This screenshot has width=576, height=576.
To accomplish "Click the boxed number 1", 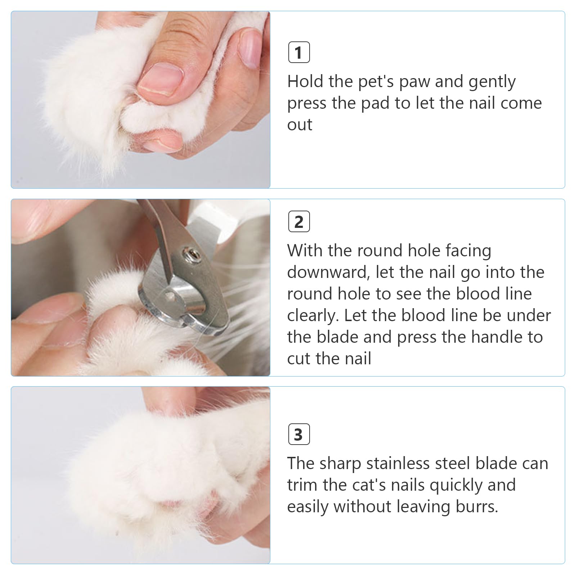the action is click(299, 53).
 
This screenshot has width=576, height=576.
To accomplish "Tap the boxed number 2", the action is click(299, 222).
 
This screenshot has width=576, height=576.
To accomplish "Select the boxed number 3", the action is click(299, 435).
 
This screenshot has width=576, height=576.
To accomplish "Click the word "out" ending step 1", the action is click(300, 125).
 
